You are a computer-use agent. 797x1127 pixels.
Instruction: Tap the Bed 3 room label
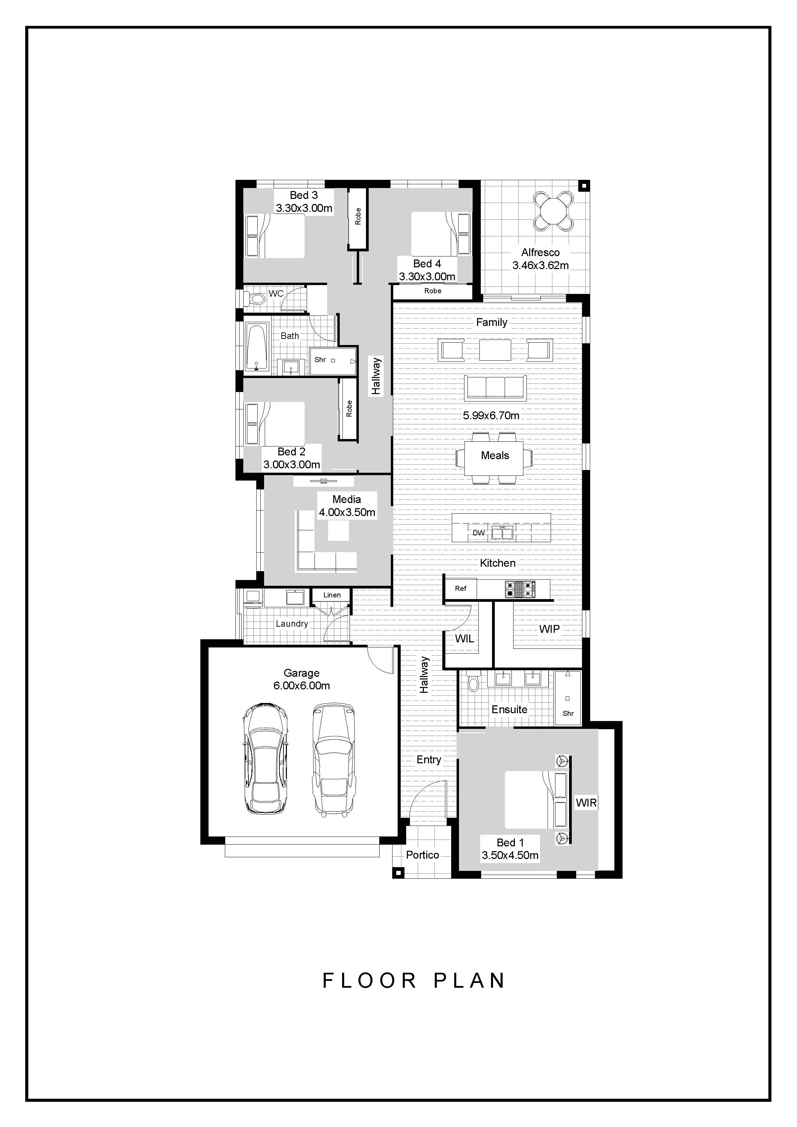304,195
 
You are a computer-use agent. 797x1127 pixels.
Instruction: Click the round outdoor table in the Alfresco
553,210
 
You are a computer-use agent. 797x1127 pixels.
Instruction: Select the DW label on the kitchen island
478,533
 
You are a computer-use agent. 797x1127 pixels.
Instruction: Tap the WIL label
464,639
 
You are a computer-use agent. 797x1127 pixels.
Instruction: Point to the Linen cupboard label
332,595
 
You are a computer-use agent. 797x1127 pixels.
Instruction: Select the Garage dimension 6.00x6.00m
302,686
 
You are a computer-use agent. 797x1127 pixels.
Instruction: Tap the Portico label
422,855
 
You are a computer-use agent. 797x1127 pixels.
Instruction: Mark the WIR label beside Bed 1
586,803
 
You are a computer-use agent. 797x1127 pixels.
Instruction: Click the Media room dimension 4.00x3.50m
347,513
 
